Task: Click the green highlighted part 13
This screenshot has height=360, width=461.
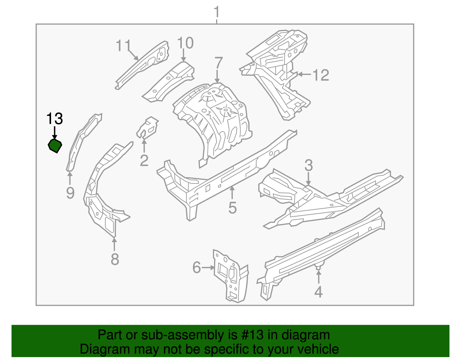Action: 55,146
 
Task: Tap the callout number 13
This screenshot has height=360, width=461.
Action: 54,119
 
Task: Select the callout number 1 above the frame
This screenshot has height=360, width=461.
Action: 217,13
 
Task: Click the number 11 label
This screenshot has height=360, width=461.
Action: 123,46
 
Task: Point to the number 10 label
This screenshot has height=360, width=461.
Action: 185,43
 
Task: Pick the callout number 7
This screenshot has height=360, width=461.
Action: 219,63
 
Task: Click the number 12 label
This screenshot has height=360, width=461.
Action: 321,75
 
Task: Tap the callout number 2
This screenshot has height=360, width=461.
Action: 144,161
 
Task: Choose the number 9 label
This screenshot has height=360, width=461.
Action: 70,193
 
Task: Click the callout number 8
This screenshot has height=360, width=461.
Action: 115,259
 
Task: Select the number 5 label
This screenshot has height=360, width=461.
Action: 233,208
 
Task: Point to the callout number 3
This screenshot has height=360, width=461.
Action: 309,165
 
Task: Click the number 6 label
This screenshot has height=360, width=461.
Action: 197,267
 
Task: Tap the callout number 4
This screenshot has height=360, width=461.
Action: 318,292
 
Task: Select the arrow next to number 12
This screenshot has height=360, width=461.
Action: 304,74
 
